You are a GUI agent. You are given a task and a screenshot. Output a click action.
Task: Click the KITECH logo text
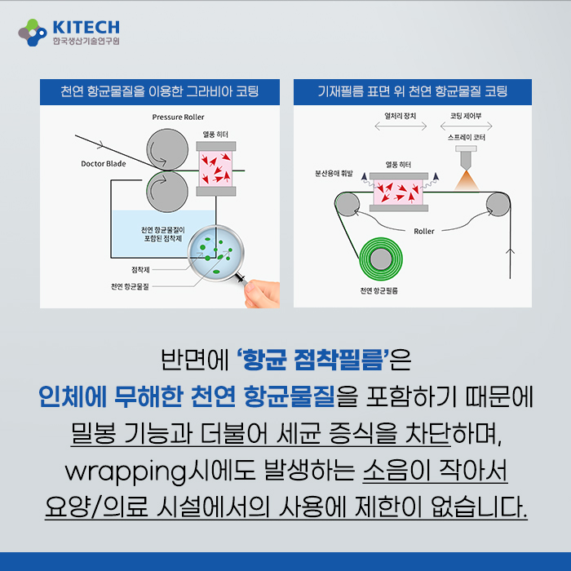[x=86, y=27]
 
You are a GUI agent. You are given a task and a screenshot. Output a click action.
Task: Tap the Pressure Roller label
[x=178, y=117]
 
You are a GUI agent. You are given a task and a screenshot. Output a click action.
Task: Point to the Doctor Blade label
[x=104, y=163]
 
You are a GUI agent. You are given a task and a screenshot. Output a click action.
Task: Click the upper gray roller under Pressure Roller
[x=167, y=149]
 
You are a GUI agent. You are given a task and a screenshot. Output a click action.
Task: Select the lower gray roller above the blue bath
[x=167, y=192]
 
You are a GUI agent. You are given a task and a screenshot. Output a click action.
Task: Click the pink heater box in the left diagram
[x=215, y=169]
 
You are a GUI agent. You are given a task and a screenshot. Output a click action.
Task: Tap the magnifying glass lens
[x=216, y=253]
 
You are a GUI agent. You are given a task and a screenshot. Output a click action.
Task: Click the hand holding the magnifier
[x=262, y=294]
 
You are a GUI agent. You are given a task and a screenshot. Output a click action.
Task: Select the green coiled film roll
[x=381, y=259]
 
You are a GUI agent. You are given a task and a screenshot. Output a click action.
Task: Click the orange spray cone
[x=467, y=180]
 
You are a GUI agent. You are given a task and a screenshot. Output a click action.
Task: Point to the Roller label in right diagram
[x=424, y=231]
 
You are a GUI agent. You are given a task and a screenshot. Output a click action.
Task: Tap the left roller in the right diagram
[x=347, y=204]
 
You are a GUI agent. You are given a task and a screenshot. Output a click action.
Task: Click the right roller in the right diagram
[x=498, y=204]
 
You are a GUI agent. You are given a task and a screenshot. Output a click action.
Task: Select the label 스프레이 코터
[x=467, y=137]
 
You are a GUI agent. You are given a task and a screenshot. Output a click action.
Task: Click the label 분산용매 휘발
[x=334, y=173]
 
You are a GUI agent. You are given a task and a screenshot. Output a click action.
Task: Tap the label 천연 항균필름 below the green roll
[x=379, y=290]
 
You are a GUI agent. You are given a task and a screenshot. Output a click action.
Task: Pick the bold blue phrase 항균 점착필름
[x=312, y=360]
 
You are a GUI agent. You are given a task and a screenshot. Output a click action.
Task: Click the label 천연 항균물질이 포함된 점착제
[x=163, y=234]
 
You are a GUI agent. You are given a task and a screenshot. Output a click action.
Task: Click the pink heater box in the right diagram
[x=398, y=192]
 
